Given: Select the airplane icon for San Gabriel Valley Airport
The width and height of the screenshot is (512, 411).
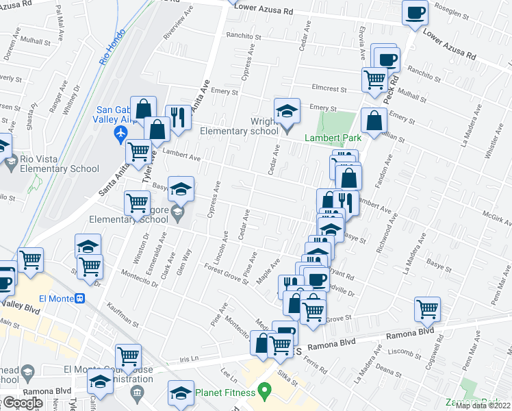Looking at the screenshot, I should (x=122, y=133).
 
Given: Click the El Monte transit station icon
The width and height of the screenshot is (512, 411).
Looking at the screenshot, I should (x=80, y=299).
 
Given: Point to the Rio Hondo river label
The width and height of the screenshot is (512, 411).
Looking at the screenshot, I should (x=113, y=47).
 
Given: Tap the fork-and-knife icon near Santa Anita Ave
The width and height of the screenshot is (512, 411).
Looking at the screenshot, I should (x=177, y=116).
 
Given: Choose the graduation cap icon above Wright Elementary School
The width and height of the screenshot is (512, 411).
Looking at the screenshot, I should (x=287, y=110).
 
